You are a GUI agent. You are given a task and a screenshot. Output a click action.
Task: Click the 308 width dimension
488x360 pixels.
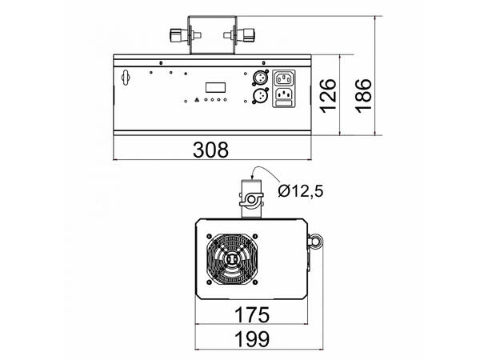(211, 149)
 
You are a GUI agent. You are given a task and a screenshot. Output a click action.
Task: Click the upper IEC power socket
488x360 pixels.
(284, 78)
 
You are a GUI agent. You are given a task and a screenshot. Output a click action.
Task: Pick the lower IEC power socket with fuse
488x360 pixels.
(284, 98)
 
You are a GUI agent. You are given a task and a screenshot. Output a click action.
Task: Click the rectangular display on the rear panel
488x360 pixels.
(215, 86)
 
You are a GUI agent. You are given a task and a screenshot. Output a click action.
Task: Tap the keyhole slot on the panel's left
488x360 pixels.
(124, 78)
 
